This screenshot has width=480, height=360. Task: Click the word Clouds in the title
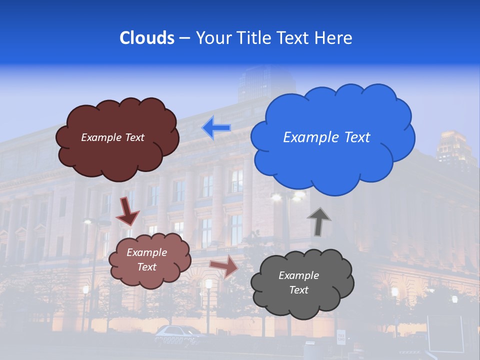(x=146, y=38)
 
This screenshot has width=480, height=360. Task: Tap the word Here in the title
(x=334, y=38)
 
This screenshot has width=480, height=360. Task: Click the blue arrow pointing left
(x=216, y=128)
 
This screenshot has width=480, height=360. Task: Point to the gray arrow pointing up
(x=318, y=221)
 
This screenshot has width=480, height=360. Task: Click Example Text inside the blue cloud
(x=326, y=137)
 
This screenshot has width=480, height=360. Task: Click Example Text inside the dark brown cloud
(x=112, y=137)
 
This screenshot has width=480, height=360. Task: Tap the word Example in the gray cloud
(x=298, y=275)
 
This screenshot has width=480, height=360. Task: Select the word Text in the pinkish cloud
(x=146, y=267)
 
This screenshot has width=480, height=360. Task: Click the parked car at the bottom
(x=177, y=332)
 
